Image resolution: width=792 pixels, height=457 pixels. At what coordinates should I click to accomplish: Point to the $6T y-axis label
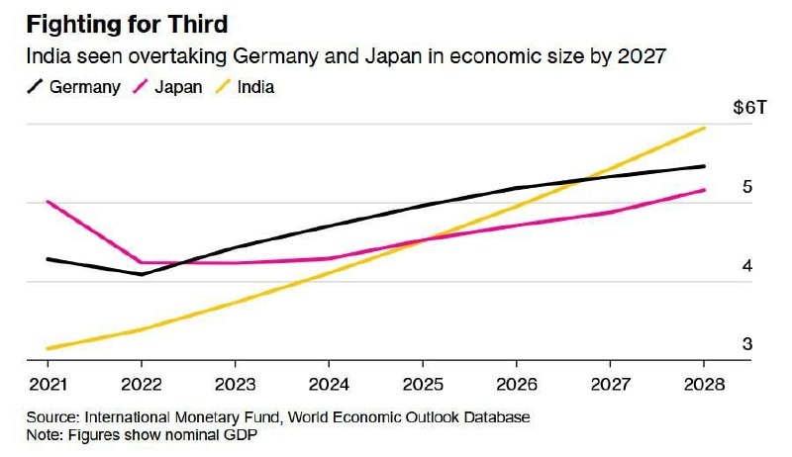(x=748, y=109)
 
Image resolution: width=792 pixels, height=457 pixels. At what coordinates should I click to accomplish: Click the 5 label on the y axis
(x=747, y=187)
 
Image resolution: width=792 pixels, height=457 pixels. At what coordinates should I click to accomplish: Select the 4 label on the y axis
(x=747, y=266)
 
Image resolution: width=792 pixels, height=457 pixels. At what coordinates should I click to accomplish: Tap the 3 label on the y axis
(x=747, y=344)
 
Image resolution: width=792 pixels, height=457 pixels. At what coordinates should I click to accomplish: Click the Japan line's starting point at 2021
(x=47, y=202)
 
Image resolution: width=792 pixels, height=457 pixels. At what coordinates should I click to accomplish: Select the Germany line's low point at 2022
(x=142, y=274)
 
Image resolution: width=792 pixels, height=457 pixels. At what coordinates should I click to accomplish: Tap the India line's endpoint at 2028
(x=704, y=128)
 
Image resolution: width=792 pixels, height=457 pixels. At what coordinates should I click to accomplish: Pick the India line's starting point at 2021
(x=47, y=348)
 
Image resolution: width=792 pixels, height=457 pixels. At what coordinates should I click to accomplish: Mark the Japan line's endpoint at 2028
(x=704, y=190)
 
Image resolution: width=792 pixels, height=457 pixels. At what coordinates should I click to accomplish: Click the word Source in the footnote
(x=51, y=417)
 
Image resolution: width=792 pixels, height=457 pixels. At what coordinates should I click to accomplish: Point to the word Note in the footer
(x=45, y=434)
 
